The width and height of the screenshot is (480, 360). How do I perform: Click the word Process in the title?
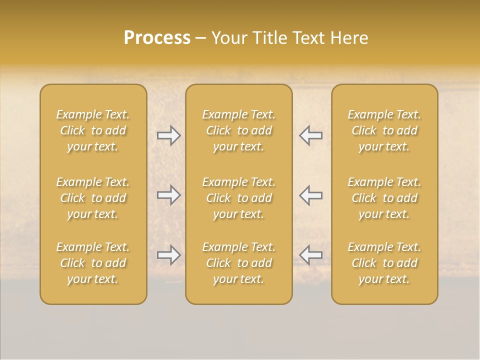pos(157,38)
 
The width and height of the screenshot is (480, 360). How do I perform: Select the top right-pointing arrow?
pos(168,135)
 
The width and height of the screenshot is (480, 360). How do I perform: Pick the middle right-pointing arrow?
pos(168,195)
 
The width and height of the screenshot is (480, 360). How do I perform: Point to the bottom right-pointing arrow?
pos(168,255)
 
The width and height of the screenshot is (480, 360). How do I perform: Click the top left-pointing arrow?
pos(310,135)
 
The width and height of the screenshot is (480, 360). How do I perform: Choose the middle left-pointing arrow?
pos(310,195)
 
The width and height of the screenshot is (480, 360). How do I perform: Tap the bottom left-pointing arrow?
pos(310,255)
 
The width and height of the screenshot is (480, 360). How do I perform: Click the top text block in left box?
pos(93,130)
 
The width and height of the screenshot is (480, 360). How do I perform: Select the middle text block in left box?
pos(93,198)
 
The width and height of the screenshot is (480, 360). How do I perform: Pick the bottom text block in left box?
pos(93,263)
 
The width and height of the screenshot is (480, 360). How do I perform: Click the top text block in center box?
pos(238,130)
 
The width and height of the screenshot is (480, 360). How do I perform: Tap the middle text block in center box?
pos(238,198)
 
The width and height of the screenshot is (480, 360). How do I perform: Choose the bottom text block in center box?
pos(238,263)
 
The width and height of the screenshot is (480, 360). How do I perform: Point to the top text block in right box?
pos(384,130)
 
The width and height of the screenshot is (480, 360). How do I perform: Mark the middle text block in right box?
pos(384,198)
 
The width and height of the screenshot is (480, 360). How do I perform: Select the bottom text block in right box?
pos(384,263)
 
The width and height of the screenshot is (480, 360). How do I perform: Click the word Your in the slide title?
pos(228,38)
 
